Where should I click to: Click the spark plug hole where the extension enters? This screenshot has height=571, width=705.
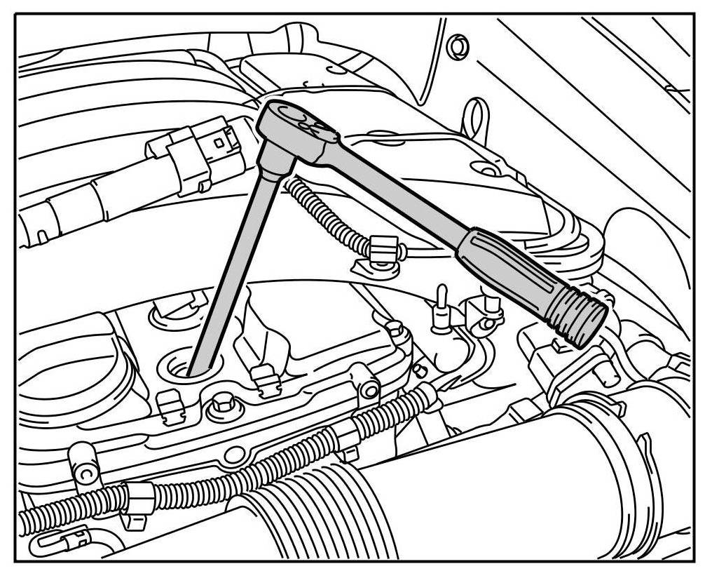(x=191, y=366)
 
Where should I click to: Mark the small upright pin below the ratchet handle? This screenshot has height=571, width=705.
(x=442, y=308)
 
